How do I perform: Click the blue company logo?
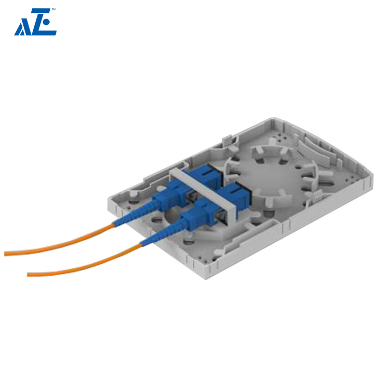35,23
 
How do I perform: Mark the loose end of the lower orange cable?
29,273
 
